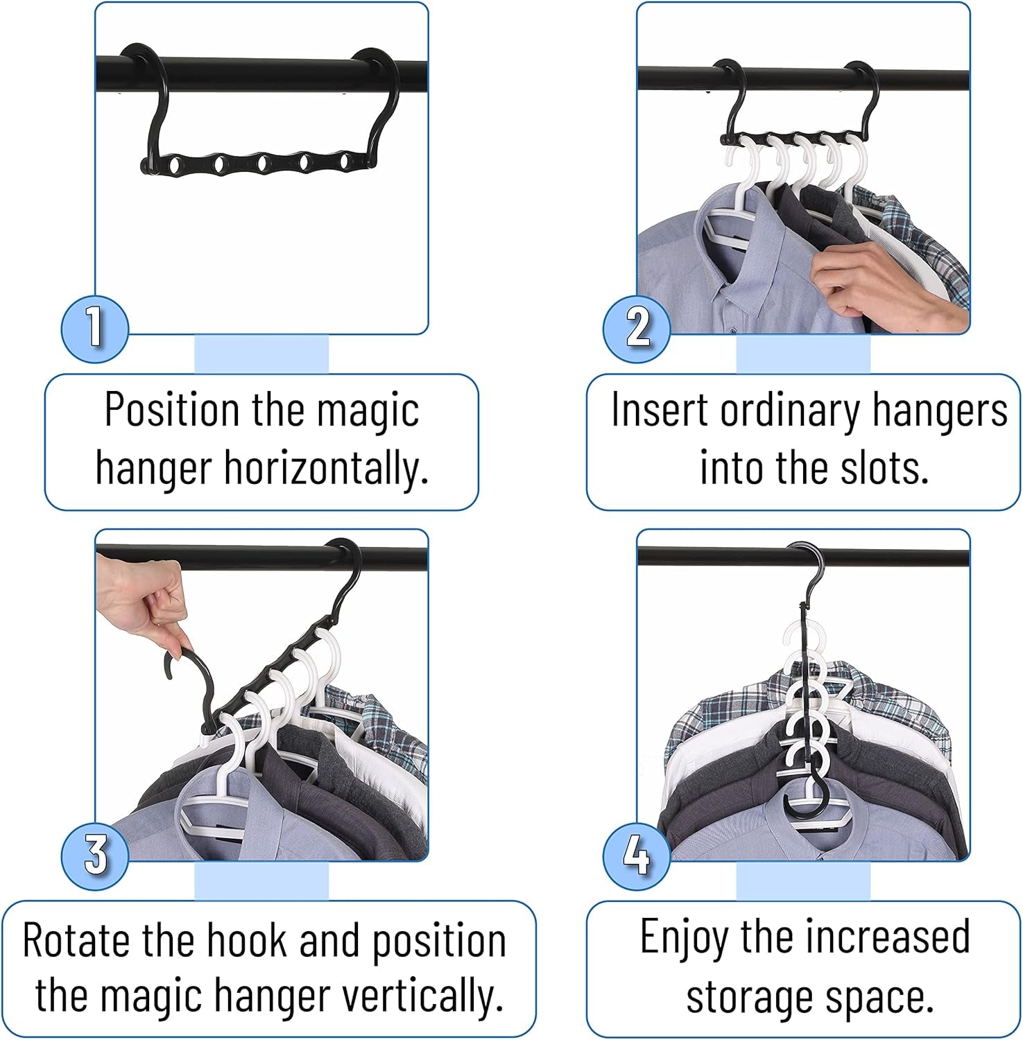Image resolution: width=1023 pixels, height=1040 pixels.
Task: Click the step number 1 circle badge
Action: tap(95, 328)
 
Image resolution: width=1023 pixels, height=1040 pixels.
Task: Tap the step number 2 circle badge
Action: tap(636, 328)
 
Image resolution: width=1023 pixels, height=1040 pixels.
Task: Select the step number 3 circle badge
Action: tap(95, 855)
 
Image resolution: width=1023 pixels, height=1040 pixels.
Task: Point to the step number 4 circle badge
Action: tap(636, 855)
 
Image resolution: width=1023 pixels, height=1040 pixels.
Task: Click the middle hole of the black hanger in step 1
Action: tap(263, 164)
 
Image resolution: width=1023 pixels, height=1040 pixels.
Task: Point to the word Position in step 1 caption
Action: tap(173, 410)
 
